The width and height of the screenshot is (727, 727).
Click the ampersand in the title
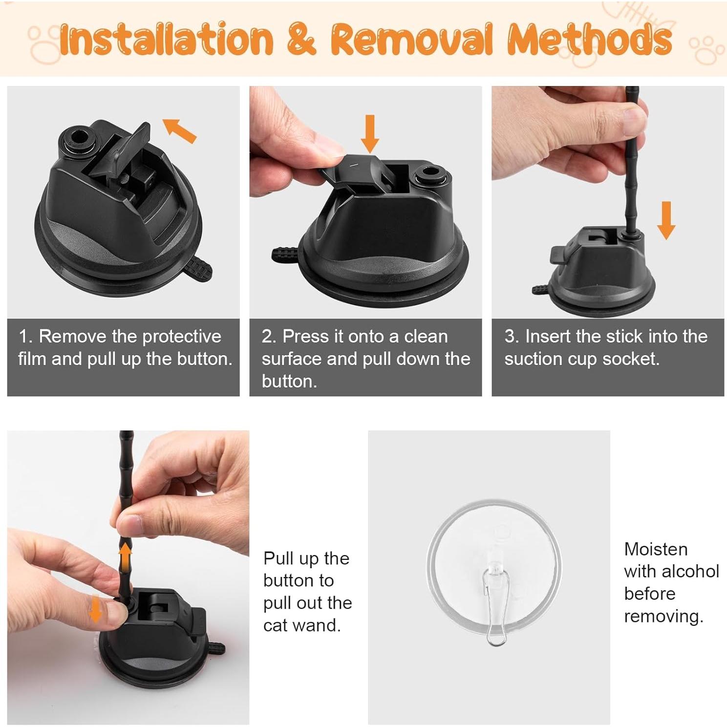[301, 39]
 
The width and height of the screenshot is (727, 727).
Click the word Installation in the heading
[166, 39]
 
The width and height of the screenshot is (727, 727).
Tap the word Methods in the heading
[589, 39]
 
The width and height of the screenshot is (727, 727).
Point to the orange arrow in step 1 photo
[179, 130]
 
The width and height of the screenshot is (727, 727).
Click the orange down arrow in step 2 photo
[370, 133]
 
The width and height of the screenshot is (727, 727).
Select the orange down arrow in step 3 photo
[666, 220]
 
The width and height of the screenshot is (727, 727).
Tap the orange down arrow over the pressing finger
[96, 610]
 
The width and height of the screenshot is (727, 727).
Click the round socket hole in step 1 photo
[77, 137]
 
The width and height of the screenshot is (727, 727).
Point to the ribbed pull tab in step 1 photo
[199, 268]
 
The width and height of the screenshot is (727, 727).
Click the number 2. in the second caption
[269, 337]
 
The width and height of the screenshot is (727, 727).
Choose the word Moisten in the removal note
[656, 549]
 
